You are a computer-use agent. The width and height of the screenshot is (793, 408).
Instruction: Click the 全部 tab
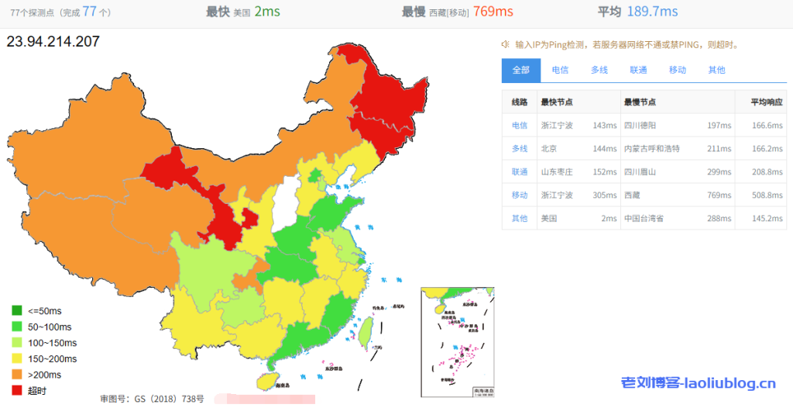tap(521, 70)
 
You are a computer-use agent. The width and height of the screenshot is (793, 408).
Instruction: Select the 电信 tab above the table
tap(560, 70)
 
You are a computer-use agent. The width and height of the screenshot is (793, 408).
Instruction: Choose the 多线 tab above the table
tap(599, 70)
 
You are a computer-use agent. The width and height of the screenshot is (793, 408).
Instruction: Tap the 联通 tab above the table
tap(638, 70)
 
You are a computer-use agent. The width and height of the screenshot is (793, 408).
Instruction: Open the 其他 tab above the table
tap(716, 70)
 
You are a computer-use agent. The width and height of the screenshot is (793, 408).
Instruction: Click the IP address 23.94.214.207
tap(53, 41)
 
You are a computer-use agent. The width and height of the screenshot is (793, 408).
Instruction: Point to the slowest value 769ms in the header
tap(494, 11)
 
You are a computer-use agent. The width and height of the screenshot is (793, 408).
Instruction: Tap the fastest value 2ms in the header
tap(267, 11)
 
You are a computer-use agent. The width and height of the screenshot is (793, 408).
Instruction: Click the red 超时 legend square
tap(17, 390)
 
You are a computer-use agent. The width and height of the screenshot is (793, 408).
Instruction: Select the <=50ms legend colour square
tap(17, 311)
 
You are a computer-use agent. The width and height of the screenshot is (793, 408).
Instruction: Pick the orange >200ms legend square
tap(17, 375)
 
